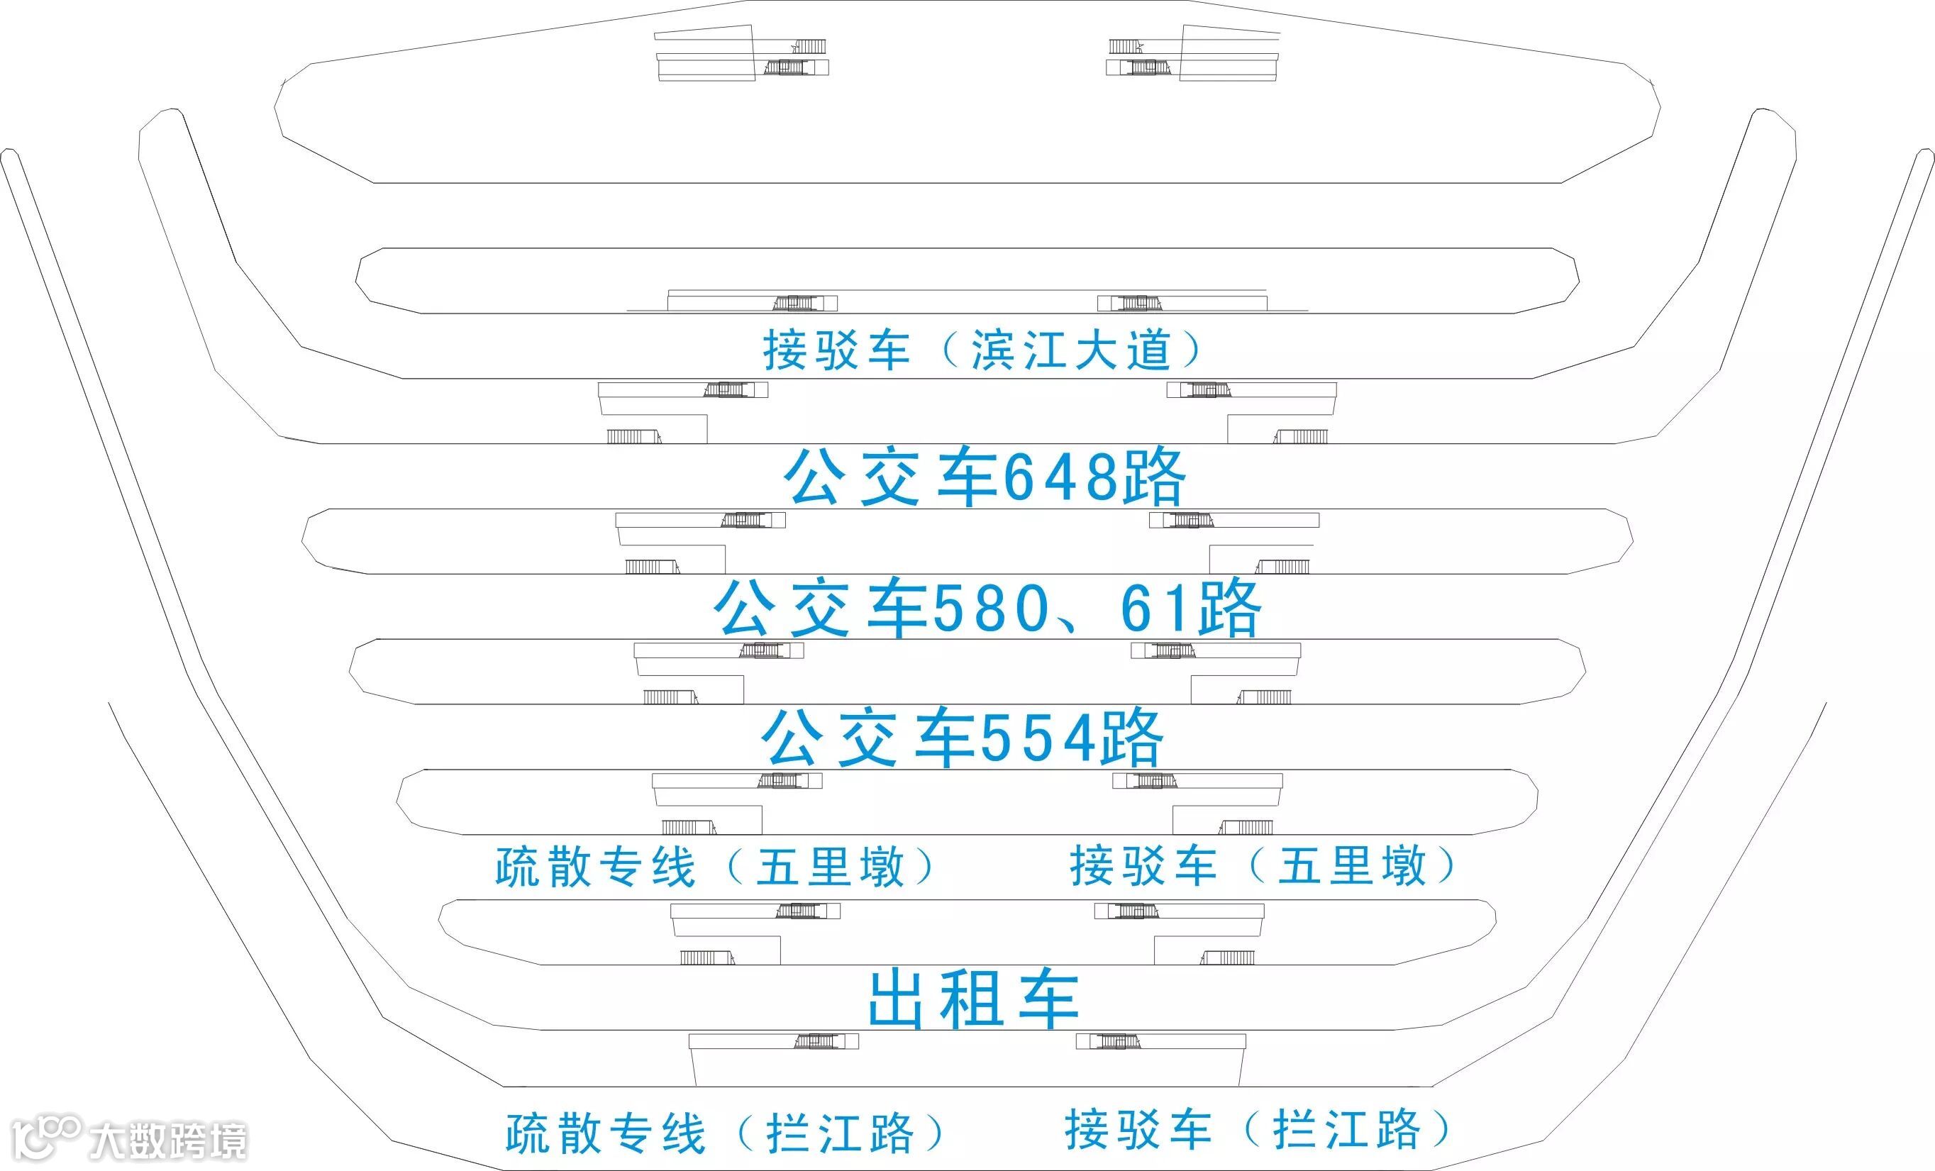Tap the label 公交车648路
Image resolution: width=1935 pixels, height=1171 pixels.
tap(985, 477)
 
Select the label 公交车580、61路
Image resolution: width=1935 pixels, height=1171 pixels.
tap(987, 608)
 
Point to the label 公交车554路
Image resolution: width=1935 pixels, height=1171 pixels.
tap(963, 738)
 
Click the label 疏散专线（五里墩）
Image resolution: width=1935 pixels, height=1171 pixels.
tap(716, 867)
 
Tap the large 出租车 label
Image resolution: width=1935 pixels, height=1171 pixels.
tap(974, 999)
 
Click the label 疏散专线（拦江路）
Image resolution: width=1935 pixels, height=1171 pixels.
tap(725, 1133)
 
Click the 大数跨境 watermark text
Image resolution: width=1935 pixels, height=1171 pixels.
tap(168, 1141)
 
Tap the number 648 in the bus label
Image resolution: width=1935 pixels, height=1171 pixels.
tap(1061, 477)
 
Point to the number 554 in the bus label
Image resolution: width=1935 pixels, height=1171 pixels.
tap(1038, 739)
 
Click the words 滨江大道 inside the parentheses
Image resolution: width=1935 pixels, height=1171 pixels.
tap(1071, 350)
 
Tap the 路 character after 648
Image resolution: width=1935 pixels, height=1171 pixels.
tap(1153, 477)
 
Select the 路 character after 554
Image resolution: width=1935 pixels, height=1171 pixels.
tap(1131, 739)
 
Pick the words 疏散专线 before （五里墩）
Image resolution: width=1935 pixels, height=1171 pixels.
tap(595, 867)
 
